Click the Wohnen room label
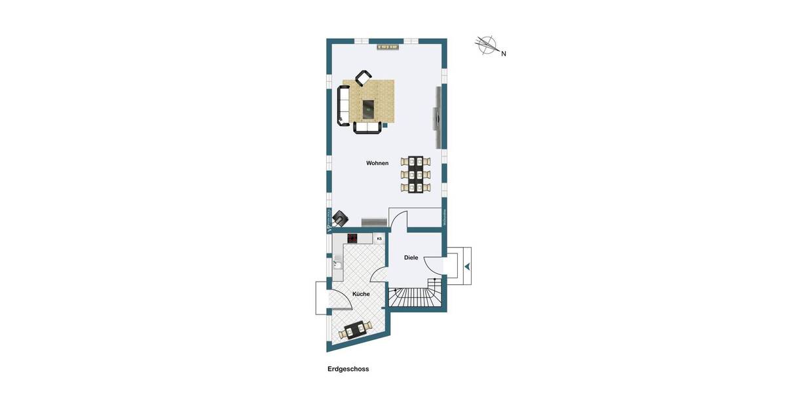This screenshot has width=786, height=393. (x=377, y=163)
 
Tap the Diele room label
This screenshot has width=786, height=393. (x=411, y=257)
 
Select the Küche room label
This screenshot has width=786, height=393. (x=361, y=294)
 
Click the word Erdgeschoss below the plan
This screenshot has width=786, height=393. (x=348, y=369)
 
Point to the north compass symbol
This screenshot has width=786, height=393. (x=487, y=45)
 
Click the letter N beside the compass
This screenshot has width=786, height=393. (x=504, y=54)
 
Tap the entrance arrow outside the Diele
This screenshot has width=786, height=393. (x=467, y=266)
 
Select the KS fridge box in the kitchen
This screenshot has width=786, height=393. (x=379, y=238)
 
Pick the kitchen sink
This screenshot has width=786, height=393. (x=337, y=265)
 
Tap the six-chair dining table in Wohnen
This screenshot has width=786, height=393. (x=416, y=174)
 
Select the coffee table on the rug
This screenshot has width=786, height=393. (x=368, y=107)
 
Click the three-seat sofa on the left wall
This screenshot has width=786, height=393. (x=343, y=105)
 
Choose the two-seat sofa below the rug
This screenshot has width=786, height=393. (x=367, y=127)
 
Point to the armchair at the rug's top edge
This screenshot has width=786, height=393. (x=364, y=78)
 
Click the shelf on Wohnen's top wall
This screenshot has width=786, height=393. (x=388, y=47)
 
